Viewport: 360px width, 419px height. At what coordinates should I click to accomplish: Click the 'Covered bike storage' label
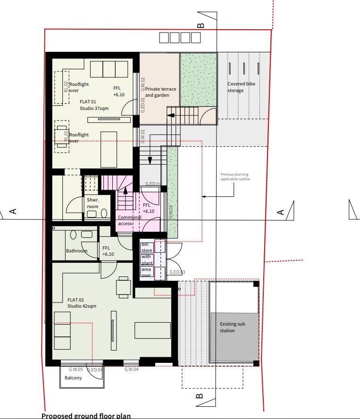coord(241,87)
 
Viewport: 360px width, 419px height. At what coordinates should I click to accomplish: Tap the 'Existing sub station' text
coord(233,327)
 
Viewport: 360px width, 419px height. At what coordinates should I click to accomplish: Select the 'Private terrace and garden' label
coord(160,92)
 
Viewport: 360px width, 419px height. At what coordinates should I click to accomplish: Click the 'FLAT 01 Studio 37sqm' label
coord(94,105)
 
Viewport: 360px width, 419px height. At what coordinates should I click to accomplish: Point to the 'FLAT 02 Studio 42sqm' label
coord(82,303)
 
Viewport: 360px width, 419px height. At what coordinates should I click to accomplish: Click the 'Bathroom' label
coord(76,251)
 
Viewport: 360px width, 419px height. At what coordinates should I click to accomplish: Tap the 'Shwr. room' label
coord(92,203)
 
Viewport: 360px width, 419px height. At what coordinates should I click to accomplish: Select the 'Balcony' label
coord(73,378)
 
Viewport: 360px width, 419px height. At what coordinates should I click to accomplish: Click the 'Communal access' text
coord(130,221)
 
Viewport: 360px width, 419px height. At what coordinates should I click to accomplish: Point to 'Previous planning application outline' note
coord(235,177)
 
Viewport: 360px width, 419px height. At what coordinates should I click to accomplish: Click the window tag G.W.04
coord(131,369)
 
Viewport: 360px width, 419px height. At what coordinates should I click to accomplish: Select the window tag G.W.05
coord(75,369)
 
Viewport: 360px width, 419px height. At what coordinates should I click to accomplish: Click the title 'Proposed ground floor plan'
coord(86,416)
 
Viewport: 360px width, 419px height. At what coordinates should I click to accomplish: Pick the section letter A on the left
coord(13,211)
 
